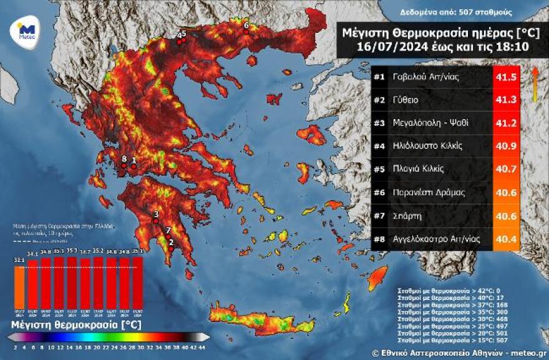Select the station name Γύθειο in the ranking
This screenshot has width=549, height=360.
(406, 100)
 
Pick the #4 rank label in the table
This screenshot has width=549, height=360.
(380, 146)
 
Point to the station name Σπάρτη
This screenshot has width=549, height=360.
(406, 215)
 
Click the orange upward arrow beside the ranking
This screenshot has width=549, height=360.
(535, 84)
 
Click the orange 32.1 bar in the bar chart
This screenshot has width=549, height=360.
(20, 287)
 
